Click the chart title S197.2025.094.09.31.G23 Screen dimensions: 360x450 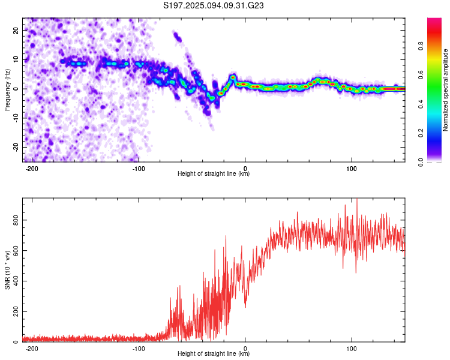(214, 5)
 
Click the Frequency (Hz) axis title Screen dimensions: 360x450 (7, 89)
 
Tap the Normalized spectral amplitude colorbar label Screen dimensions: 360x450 (446, 90)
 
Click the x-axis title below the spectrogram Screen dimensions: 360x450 (214, 174)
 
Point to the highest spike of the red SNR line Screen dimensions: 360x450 (357, 199)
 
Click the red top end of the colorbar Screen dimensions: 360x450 (434, 21)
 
